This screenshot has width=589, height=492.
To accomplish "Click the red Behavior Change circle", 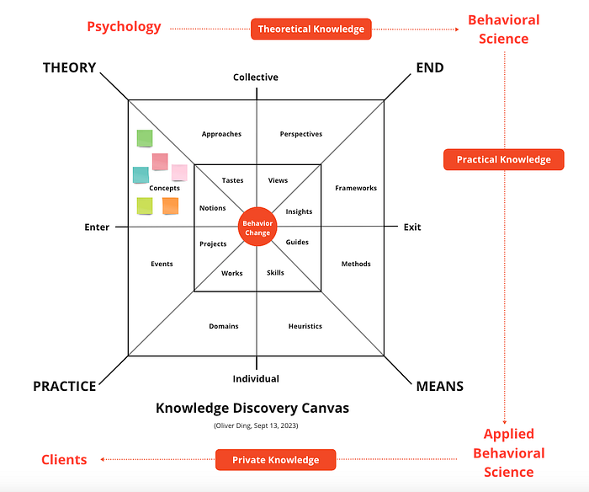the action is click(257, 227).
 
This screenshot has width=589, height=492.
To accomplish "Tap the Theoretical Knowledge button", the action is click(311, 29).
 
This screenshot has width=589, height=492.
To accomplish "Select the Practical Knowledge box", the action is click(504, 159).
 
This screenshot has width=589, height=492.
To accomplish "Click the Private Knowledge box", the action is click(276, 460).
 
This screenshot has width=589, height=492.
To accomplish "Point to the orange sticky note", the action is click(170, 206).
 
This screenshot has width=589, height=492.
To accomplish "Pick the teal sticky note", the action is click(141, 175).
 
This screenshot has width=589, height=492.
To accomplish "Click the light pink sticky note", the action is click(179, 173).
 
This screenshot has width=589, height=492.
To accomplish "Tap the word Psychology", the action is click(124, 27).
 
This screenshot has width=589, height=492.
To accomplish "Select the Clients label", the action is click(64, 460).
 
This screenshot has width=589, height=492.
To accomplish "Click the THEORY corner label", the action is click(70, 67).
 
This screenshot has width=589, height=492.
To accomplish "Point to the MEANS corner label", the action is click(440, 387).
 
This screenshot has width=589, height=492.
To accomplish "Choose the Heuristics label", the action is click(305, 326).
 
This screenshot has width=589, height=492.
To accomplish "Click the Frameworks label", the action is click(356, 188).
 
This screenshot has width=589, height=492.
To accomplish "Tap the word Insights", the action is click(299, 211).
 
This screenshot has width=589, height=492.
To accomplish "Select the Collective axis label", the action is click(256, 78).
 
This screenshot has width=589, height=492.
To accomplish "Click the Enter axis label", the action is click(97, 227).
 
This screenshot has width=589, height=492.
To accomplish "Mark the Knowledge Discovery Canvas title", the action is click(252, 408).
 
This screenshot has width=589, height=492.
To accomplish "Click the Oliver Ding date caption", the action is click(256, 425).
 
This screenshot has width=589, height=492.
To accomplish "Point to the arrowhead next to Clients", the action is click(102, 459).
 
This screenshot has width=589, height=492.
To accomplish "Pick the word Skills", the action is click(275, 273).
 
